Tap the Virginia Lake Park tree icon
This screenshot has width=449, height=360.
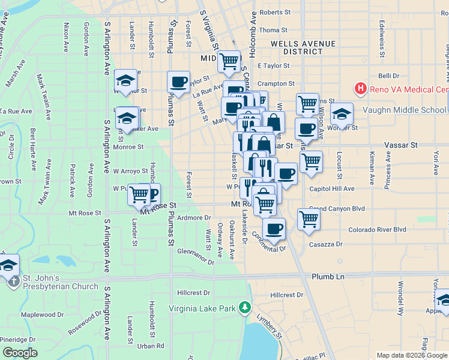coord(244,308)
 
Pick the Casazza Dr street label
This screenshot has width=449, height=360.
coord(325,244)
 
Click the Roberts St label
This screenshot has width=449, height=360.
coord(275,12)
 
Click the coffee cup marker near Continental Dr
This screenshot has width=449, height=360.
coord(274,228)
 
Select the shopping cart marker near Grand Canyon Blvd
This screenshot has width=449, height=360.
coord(309,219)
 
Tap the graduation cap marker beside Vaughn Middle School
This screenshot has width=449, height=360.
coord(342,113)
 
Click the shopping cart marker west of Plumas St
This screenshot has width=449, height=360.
coord(139,194)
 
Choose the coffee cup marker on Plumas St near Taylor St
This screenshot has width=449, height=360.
coord(178,81)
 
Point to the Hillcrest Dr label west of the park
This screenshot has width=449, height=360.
coord(194,293)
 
